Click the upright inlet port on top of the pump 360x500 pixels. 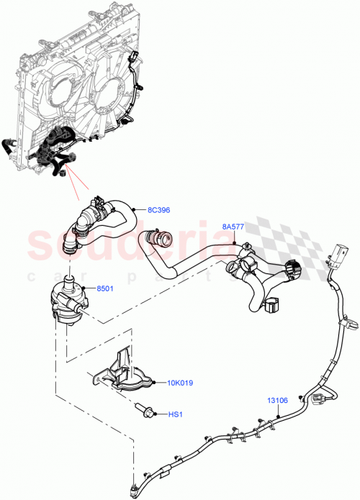(70, 276)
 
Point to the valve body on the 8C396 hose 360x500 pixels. (94, 213)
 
